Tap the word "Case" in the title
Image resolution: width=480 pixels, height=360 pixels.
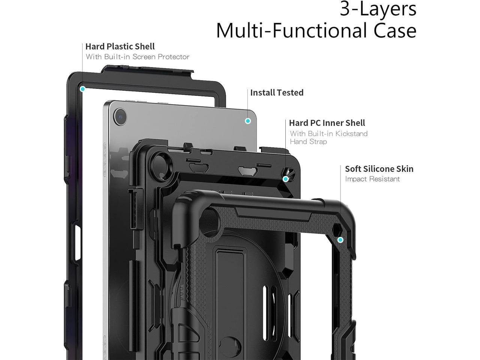coord(395,31)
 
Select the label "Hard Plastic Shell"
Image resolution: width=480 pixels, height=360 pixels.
coord(120,46)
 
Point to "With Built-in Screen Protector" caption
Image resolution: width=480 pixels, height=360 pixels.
coord(138,57)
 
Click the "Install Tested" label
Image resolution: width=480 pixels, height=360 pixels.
coord(277,93)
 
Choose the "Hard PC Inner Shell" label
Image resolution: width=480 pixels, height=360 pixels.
coord(327,123)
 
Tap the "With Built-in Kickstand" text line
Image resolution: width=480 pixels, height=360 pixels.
coord(328,134)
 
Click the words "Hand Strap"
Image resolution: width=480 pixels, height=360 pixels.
coord(308,142)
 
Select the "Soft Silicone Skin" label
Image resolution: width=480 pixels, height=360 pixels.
coord(379,169)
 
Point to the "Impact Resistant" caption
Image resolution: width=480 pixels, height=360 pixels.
coord(372,179)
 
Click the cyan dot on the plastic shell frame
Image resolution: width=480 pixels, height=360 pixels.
coord(83,89)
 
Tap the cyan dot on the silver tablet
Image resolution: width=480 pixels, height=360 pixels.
coord(248,121)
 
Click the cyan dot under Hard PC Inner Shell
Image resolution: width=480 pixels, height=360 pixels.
coord(286,179)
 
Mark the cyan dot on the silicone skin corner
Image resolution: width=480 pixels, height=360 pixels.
coord(340,240)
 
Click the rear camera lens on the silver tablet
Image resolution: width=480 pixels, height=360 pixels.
coord(120,117)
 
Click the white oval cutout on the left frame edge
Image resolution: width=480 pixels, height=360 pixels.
coord(78,243)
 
